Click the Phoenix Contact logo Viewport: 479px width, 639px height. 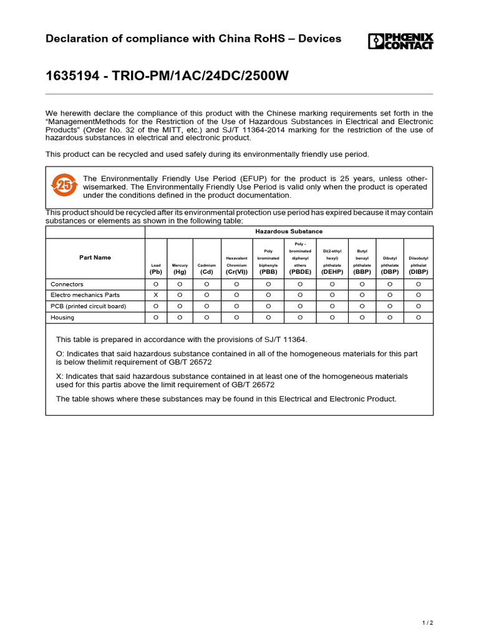pos(400,41)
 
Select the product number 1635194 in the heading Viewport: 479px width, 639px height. pos(70,76)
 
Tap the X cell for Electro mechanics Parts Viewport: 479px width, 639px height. pos(156,295)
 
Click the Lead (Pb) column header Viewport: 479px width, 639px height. pos(156,268)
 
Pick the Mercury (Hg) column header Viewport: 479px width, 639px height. pos(180,268)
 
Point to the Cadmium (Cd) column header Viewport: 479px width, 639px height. pos(206,268)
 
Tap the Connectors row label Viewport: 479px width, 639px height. pos(67,284)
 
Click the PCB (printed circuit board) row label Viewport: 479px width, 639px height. pos(88,306)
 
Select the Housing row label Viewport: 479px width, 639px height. pos(62,317)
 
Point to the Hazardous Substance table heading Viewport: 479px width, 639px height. pos(289,232)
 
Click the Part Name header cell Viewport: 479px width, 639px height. pos(95,257)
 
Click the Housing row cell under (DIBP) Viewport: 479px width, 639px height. pos(419,317)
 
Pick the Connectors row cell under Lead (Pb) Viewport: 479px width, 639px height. pos(156,284)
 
